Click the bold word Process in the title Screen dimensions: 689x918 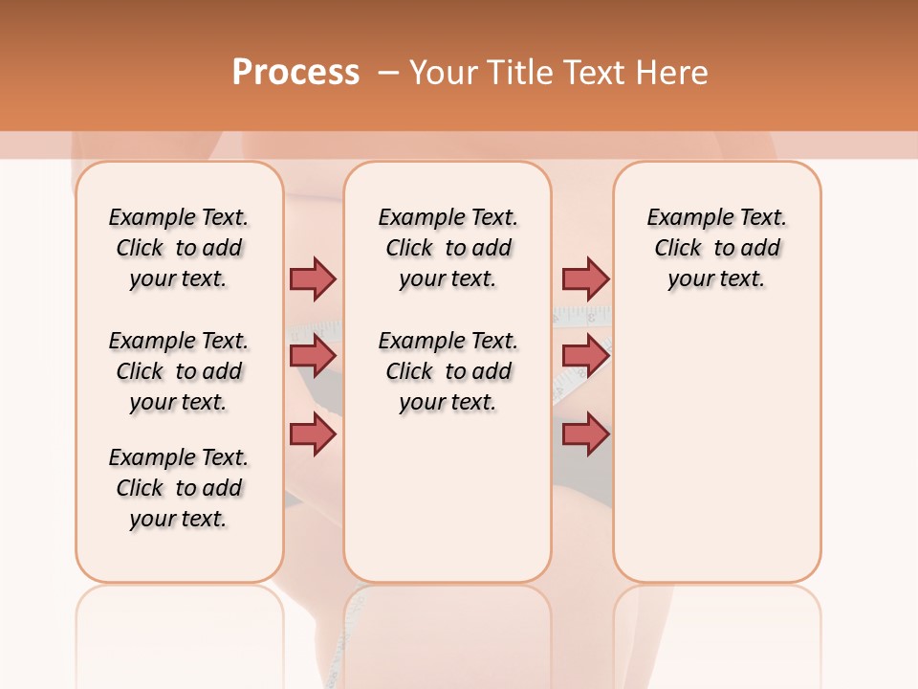(x=295, y=73)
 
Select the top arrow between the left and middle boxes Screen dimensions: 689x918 (x=313, y=278)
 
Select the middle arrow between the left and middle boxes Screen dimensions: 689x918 (x=313, y=356)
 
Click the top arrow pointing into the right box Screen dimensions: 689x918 (x=585, y=278)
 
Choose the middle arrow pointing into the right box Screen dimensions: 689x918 (x=585, y=356)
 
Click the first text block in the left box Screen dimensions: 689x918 (x=179, y=248)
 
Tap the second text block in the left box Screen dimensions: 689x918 (x=179, y=371)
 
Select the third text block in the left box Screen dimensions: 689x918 (x=179, y=488)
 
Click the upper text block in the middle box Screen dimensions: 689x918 (x=448, y=248)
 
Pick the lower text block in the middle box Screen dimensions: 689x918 (x=448, y=371)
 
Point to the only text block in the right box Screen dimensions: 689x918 (x=716, y=248)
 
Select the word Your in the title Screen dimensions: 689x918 (x=443, y=73)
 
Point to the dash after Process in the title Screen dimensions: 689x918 (x=387, y=73)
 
